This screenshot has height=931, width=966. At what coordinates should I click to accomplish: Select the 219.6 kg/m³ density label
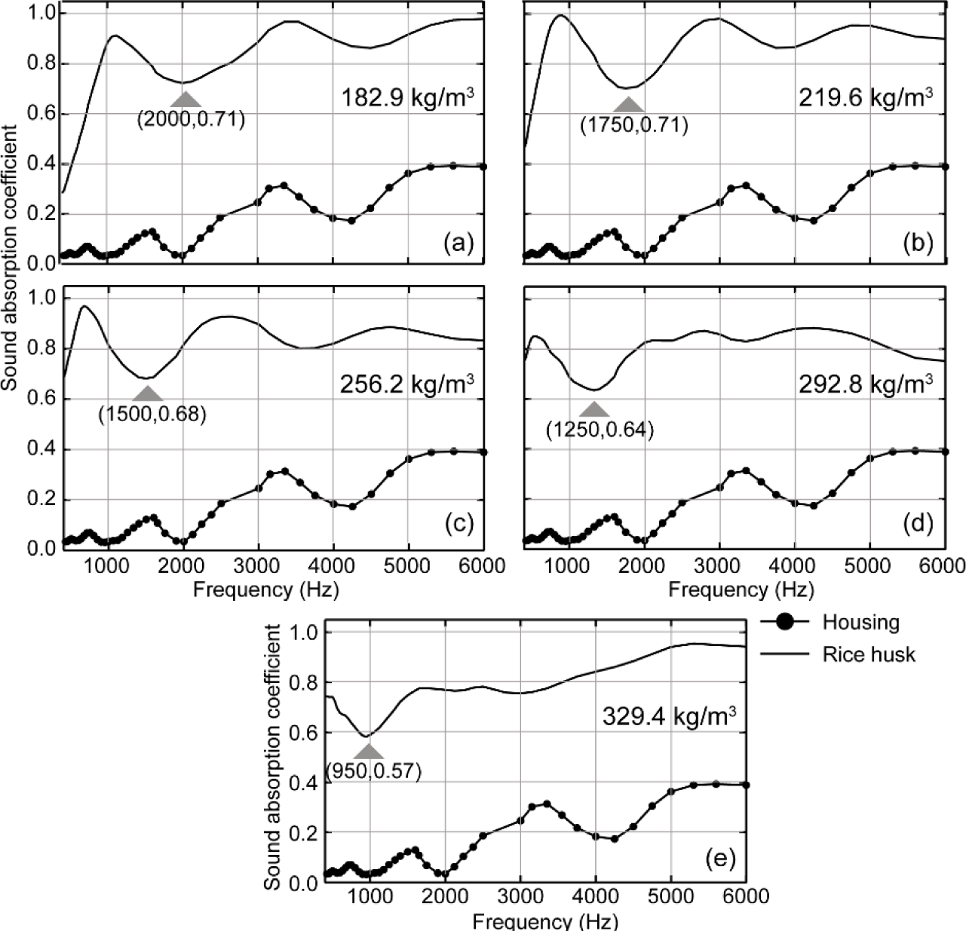864,99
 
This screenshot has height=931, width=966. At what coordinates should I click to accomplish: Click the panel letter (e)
719,859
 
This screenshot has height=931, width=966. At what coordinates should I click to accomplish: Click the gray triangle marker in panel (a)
186,99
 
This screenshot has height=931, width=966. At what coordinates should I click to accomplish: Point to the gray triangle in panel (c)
147,394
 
